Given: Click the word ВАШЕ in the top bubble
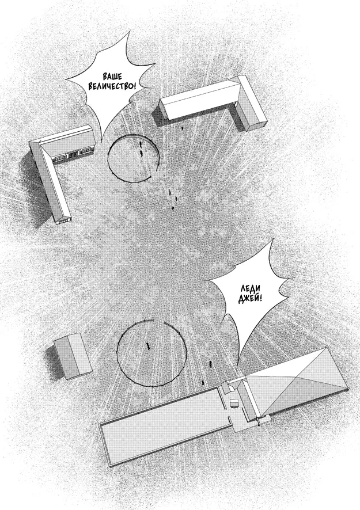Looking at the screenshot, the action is tap(112, 77).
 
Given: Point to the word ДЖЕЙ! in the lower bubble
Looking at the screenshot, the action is tap(250, 299).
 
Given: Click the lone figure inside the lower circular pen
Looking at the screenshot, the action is tap(149, 347).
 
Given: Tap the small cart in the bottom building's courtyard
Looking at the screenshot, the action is tap(234, 403).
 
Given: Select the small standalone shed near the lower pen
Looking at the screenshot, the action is tap(72, 356).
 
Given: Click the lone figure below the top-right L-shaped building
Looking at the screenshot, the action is tap(182, 128).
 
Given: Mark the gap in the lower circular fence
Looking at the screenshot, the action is tap(159, 322).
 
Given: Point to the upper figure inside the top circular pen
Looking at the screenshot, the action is tap(141, 143).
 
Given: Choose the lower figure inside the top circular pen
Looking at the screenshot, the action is tap(142, 153).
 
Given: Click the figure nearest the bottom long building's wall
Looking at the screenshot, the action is tap(203, 382).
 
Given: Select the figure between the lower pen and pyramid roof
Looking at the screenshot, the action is tap(211, 364).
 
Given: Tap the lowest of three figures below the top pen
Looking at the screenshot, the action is tap(173, 208).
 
